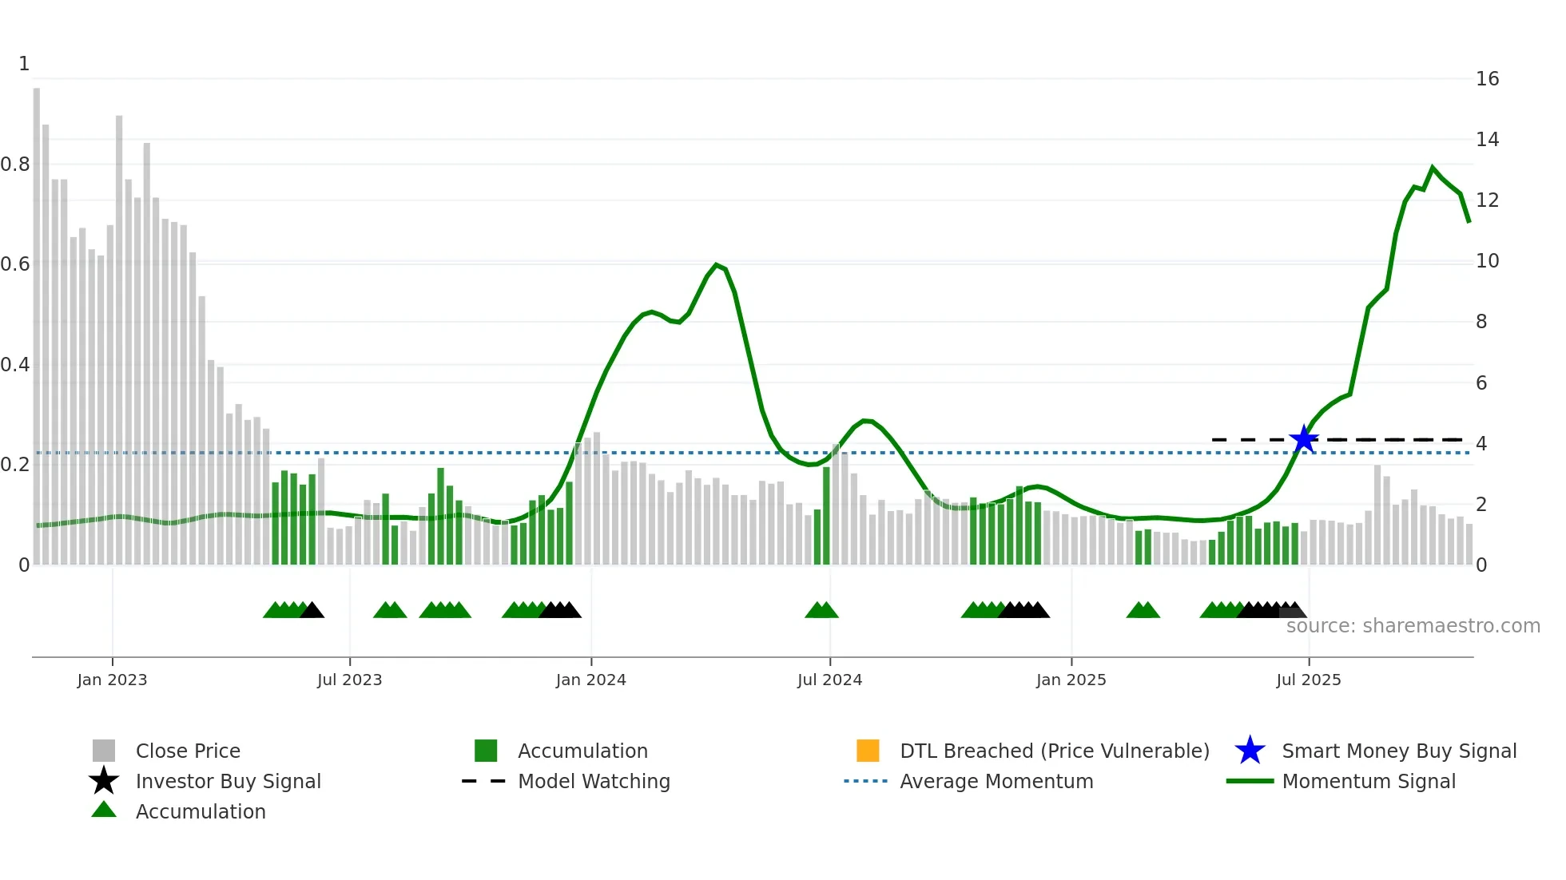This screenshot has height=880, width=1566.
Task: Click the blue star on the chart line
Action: coord(1304,439)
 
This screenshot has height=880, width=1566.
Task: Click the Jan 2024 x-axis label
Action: coord(590,680)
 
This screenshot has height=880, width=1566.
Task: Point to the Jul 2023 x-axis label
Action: coord(349,680)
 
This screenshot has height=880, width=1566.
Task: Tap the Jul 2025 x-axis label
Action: coord(1308,680)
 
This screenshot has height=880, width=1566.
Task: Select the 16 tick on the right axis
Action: coord(1486,79)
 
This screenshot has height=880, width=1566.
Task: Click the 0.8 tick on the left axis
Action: coord(16,165)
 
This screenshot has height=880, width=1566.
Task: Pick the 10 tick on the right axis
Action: coord(1486,261)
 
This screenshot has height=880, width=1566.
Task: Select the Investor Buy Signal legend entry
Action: coord(228,781)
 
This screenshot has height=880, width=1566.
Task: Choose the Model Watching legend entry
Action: coord(594,781)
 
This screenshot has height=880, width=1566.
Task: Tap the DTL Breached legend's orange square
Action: coord(868,751)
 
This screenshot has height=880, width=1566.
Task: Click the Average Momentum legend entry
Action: coord(996,781)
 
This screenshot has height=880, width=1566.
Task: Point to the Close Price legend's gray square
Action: coord(104,751)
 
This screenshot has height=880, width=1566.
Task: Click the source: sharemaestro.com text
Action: coord(1413,626)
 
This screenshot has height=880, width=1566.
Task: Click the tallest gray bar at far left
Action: coord(37,319)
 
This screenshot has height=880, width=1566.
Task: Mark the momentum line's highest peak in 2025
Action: coord(1433,168)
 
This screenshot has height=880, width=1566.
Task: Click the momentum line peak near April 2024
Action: coord(717,264)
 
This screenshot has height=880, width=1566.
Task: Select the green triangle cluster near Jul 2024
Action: coord(821,610)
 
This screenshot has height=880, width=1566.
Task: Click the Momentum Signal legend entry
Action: coord(1368,781)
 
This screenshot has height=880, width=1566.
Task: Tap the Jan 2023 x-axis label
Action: coord(112,680)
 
